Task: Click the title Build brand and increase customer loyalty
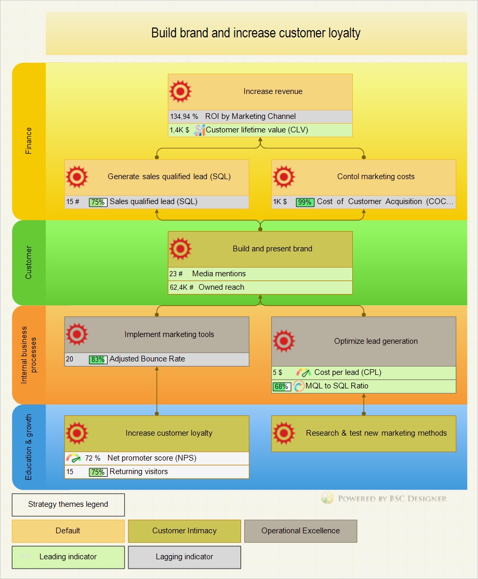tap(256, 33)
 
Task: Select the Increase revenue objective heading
tap(273, 91)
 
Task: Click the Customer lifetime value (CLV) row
tap(257, 130)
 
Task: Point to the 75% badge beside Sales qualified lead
tap(98, 202)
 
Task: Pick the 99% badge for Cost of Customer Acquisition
tap(305, 202)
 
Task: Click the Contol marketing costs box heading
tap(376, 177)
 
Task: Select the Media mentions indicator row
tap(219, 274)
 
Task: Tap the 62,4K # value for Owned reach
tap(181, 287)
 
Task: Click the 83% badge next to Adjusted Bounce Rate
tap(98, 359)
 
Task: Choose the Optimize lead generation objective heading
tap(376, 341)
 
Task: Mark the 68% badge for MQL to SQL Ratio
tap(282, 386)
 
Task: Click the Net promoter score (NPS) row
tap(152, 458)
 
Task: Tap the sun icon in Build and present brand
tap(180, 249)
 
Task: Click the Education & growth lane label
tap(29, 447)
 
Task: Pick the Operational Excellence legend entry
tap(300, 531)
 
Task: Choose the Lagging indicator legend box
tap(184, 557)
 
